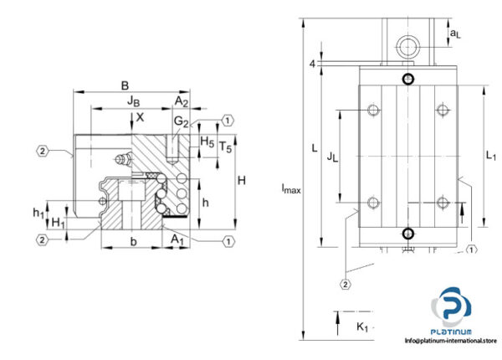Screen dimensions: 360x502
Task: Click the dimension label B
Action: pos(125,85)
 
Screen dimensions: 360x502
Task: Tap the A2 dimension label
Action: pos(180,101)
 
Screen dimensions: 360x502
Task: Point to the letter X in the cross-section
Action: pos(141,117)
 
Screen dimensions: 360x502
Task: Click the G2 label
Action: pos(181,123)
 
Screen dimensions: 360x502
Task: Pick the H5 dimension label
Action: pos(207,142)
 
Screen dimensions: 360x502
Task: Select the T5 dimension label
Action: pos(225,147)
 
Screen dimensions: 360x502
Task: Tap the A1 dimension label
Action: pos(177,240)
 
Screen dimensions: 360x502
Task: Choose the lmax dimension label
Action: pos(290,189)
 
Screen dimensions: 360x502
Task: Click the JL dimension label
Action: pos(331,155)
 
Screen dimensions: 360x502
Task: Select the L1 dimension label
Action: pos(491,155)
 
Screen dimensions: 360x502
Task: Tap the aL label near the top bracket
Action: pos(455,33)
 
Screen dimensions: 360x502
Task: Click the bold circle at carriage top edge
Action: pos(407,80)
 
